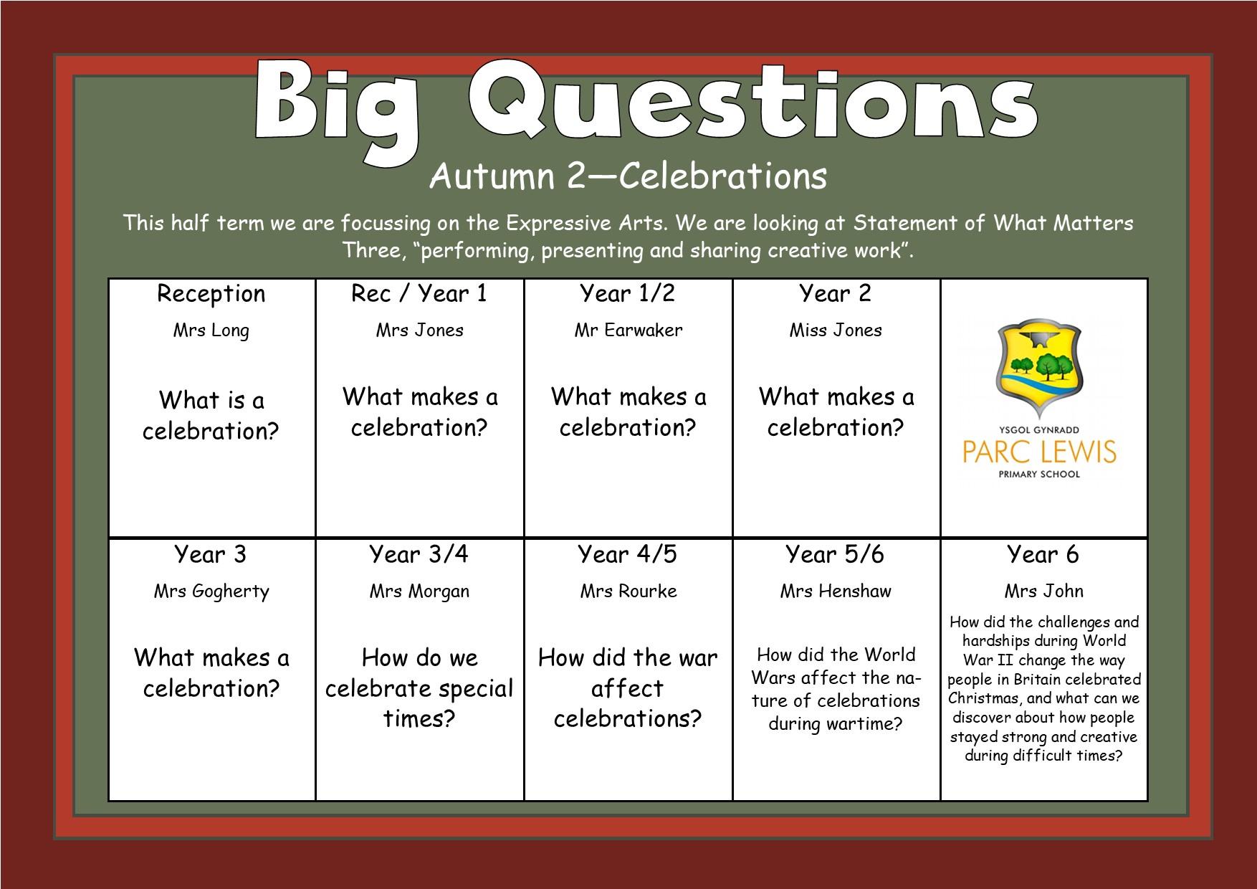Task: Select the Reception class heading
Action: (211, 294)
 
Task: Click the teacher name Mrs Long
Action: (211, 331)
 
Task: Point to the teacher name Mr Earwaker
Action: (628, 330)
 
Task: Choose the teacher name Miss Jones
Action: (836, 330)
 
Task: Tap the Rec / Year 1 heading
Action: (419, 293)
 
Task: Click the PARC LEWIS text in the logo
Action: (1039, 452)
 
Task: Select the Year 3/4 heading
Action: (419, 554)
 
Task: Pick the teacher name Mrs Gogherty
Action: (211, 591)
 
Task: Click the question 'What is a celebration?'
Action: (211, 415)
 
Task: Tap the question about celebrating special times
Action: (419, 688)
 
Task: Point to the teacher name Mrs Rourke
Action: (628, 591)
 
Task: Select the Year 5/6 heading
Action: (835, 554)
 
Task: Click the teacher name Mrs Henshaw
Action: (836, 591)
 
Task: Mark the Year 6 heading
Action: (1043, 554)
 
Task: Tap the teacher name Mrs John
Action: (1043, 591)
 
